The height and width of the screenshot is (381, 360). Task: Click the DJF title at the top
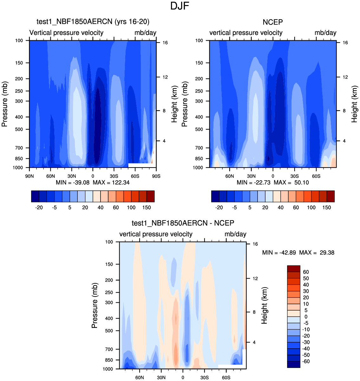pyautogui.click(x=180, y=6)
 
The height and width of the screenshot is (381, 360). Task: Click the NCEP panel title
pyautogui.click(x=273, y=22)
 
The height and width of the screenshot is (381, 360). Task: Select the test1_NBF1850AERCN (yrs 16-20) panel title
pyautogui.click(x=93, y=22)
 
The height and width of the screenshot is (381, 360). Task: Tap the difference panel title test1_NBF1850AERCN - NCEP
pyautogui.click(x=183, y=223)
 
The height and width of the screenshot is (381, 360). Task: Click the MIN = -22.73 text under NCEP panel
pyautogui.click(x=254, y=182)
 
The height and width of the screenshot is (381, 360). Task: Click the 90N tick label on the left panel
pyautogui.click(x=29, y=176)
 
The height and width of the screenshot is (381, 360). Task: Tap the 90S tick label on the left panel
pyautogui.click(x=156, y=176)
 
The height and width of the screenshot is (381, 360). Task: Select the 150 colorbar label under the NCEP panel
pyautogui.click(x=326, y=207)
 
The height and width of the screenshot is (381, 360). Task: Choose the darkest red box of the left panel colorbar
pyautogui.click(x=150, y=196)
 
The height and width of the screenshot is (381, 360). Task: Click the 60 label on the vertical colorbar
pyautogui.click(x=306, y=272)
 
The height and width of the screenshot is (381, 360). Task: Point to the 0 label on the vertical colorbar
pyautogui.click(x=306, y=317)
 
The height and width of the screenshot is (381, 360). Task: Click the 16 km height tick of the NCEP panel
pyautogui.click(x=345, y=43)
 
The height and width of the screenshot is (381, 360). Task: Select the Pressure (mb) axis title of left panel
pyautogui.click(x=4, y=104)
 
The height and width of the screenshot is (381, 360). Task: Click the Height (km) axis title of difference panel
pyautogui.click(x=264, y=305)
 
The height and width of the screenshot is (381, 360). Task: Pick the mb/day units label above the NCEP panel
pyautogui.click(x=325, y=33)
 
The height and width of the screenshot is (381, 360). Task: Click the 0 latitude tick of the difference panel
pyautogui.click(x=183, y=378)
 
